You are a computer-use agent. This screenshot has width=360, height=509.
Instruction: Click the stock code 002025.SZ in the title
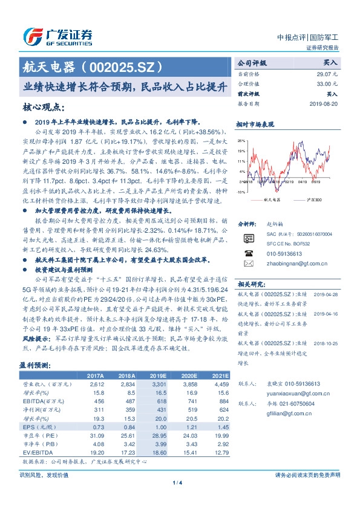pyautogui.click(x=125, y=65)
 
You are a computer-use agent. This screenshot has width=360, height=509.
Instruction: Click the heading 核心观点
pyautogui.click(x=44, y=107)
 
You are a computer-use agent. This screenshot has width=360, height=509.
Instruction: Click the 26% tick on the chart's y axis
pyautogui.click(x=241, y=140)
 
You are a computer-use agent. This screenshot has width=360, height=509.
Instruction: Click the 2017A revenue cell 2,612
pyautogui.click(x=97, y=384)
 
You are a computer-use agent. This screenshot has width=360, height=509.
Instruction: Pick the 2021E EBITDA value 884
pyautogui.click(x=223, y=401)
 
